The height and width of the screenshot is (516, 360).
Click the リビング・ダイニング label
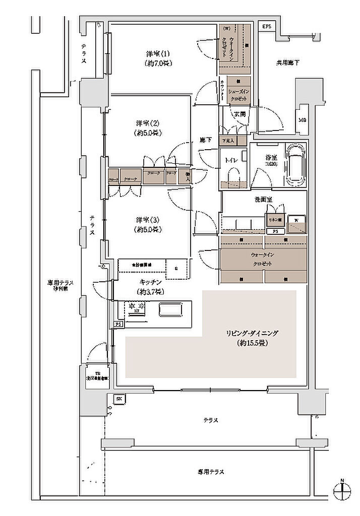252,338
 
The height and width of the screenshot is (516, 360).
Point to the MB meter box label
302,120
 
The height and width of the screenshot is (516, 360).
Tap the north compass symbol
342,489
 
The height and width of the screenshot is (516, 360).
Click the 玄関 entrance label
239,114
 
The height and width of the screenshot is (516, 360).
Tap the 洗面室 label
263,200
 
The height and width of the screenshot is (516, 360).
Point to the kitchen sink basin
172,309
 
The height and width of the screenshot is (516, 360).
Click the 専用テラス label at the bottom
211,472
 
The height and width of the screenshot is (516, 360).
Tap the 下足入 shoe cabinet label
228,141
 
